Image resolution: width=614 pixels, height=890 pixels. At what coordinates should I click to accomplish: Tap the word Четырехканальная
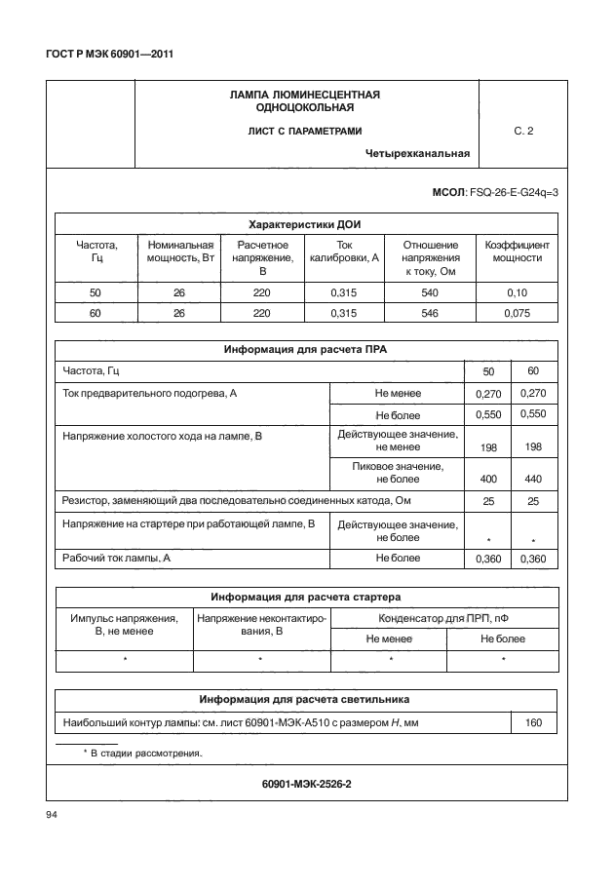tap(418, 153)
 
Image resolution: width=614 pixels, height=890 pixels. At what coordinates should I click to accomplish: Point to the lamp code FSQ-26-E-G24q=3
tap(514, 192)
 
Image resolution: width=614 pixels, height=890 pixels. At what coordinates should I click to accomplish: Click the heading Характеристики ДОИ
tap(306, 222)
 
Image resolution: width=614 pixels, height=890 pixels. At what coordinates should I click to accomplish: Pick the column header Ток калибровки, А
tap(343, 252)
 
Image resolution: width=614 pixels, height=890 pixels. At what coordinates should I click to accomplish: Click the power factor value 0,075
tap(517, 313)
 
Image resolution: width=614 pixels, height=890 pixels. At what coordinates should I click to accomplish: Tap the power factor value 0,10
tap(517, 291)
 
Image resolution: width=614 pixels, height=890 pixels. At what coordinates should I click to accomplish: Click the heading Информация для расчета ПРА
tap(306, 349)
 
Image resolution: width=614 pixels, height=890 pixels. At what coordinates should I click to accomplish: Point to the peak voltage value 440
tap(532, 480)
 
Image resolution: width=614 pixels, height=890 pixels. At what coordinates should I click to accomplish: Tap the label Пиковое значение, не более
tap(397, 473)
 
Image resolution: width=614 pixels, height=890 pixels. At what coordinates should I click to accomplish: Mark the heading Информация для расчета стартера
tap(306, 597)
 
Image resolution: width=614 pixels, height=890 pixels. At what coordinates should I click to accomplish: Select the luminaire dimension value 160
tap(533, 724)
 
